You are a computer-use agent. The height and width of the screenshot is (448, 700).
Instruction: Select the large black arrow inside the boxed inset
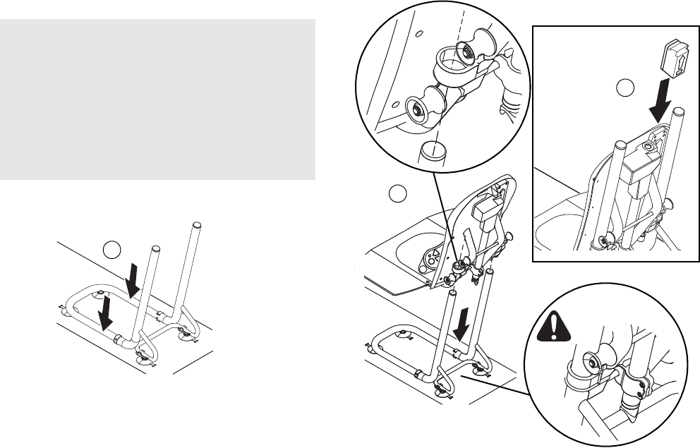click(657, 104)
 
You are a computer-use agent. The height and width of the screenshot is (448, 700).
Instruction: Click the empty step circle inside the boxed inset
click(624, 88)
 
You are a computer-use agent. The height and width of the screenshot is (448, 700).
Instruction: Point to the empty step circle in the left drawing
click(111, 249)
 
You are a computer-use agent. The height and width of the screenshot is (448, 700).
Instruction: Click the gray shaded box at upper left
click(157, 99)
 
